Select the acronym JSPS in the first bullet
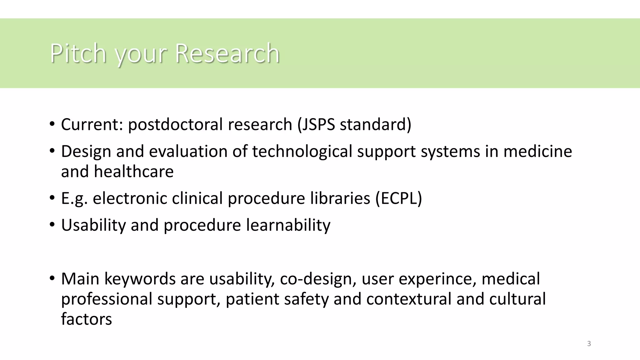coord(318,124)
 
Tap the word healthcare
coord(133,172)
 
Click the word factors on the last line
coord(86,319)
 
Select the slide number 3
coord(589,344)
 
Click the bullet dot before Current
coord(52,124)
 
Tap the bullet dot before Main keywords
coord(52,279)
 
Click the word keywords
coord(140,279)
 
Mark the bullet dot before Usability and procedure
coord(52,225)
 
